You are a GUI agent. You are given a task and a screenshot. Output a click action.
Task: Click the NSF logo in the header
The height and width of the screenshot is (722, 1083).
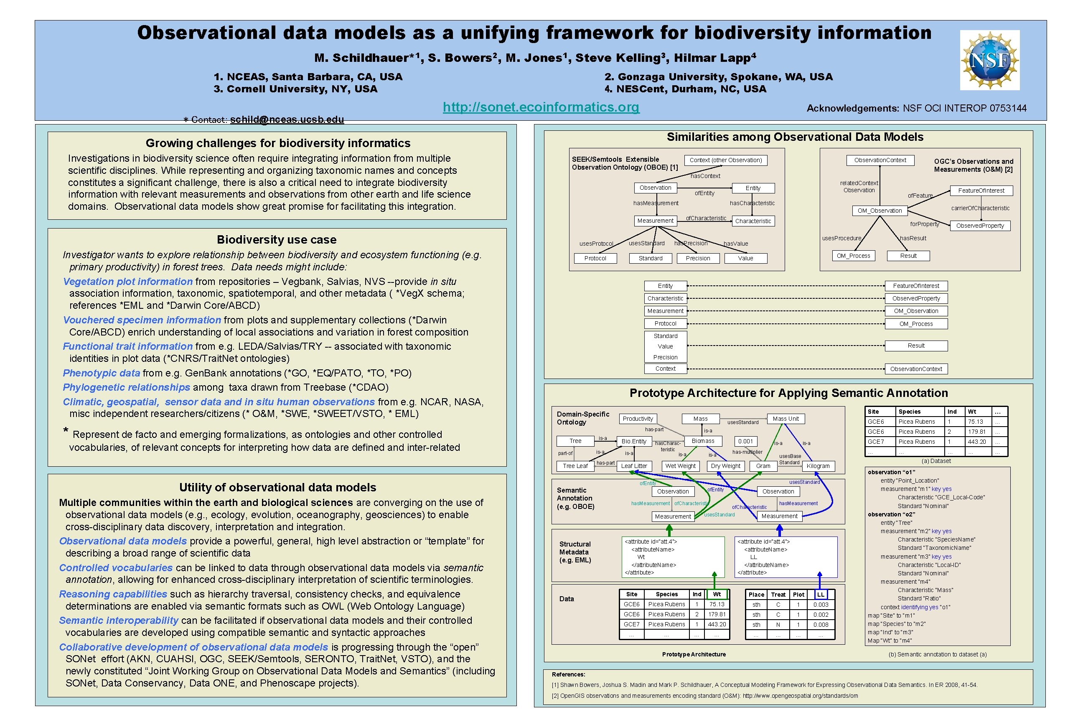[x=989, y=60]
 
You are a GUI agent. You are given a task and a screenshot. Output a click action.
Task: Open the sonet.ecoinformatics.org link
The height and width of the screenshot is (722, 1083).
[x=541, y=107]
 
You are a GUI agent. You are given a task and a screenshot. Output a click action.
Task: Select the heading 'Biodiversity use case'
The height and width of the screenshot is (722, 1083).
[x=276, y=239]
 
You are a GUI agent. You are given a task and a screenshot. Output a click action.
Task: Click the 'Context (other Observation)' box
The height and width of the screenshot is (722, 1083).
[x=725, y=160]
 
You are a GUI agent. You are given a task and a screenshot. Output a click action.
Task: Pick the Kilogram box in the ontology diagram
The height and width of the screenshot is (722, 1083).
[x=818, y=466]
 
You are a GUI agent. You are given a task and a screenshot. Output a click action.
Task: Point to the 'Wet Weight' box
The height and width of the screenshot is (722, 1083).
[x=680, y=466]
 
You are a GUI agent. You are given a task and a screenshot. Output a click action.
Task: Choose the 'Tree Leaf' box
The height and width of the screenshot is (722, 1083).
[x=575, y=466]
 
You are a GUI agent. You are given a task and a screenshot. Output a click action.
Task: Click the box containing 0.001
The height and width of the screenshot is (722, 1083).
[x=745, y=441]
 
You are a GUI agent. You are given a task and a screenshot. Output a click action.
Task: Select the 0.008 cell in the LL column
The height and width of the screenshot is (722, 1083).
[x=821, y=625]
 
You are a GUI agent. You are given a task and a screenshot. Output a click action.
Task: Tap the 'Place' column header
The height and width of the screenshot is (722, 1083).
[x=756, y=595]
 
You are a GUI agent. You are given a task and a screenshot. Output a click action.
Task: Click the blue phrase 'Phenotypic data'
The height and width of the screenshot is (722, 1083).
[x=101, y=373]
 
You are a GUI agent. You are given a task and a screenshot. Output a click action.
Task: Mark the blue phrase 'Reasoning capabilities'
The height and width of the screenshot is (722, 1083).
[x=113, y=594]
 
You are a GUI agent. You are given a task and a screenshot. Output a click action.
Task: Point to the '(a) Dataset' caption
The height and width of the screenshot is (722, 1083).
[x=936, y=461]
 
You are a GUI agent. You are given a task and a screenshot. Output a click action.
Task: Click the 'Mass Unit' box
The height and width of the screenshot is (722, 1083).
[x=786, y=419]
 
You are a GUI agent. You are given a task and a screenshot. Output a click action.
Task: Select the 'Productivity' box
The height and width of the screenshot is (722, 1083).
[x=638, y=419]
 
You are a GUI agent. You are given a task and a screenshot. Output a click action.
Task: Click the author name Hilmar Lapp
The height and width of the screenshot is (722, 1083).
[x=714, y=58]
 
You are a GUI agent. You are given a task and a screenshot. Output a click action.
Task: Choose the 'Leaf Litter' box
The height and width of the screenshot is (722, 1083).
[x=634, y=466]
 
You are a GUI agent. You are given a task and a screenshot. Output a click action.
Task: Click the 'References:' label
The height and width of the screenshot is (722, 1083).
[x=568, y=674]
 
